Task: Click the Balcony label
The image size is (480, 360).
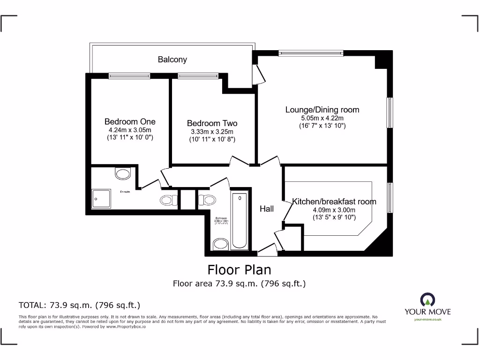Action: click(x=172, y=60)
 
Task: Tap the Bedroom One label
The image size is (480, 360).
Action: click(x=130, y=121)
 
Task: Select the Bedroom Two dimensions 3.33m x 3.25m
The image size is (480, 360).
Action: click(x=212, y=132)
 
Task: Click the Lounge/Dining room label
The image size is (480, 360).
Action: click(x=322, y=110)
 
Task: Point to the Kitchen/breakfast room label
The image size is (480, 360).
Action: click(x=334, y=202)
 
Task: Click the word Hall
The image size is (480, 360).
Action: click(x=267, y=209)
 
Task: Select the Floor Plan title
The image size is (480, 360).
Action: click(x=239, y=270)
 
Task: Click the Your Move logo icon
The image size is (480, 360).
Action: click(x=427, y=300)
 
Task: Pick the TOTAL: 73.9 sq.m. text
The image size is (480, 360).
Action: click(x=79, y=305)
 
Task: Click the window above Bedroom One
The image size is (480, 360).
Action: click(x=129, y=75)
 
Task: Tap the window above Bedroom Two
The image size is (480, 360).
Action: click(x=198, y=75)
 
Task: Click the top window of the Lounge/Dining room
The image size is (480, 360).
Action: click(x=310, y=53)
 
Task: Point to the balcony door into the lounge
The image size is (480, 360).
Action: click(x=258, y=74)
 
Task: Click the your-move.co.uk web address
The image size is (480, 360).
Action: click(x=427, y=319)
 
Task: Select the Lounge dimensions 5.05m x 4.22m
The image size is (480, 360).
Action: click(x=322, y=118)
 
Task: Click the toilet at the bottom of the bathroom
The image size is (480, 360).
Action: click(x=220, y=244)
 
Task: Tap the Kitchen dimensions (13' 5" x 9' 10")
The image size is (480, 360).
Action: click(x=334, y=217)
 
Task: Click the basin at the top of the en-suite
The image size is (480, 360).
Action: click(x=122, y=174)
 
